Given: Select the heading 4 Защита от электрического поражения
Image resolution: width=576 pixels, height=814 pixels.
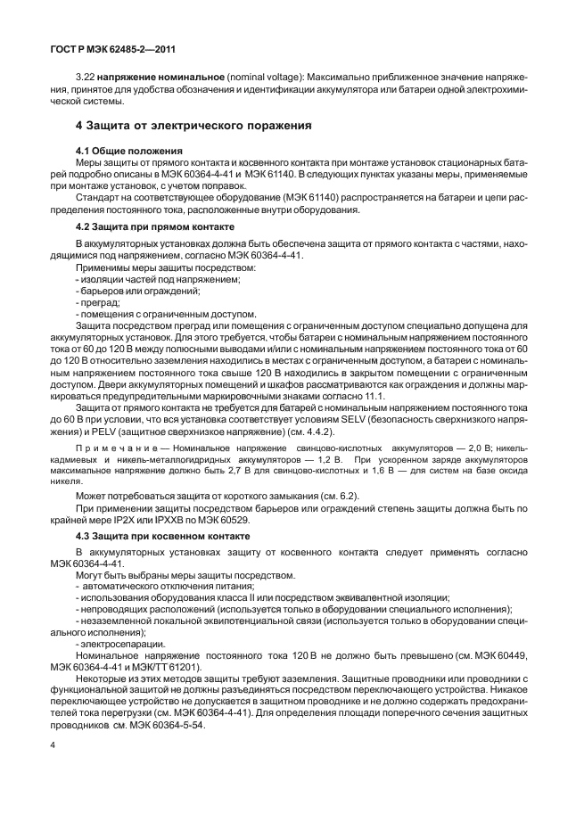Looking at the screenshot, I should pos(193,126).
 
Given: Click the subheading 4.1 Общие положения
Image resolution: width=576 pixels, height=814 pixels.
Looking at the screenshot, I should pos(129,150).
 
